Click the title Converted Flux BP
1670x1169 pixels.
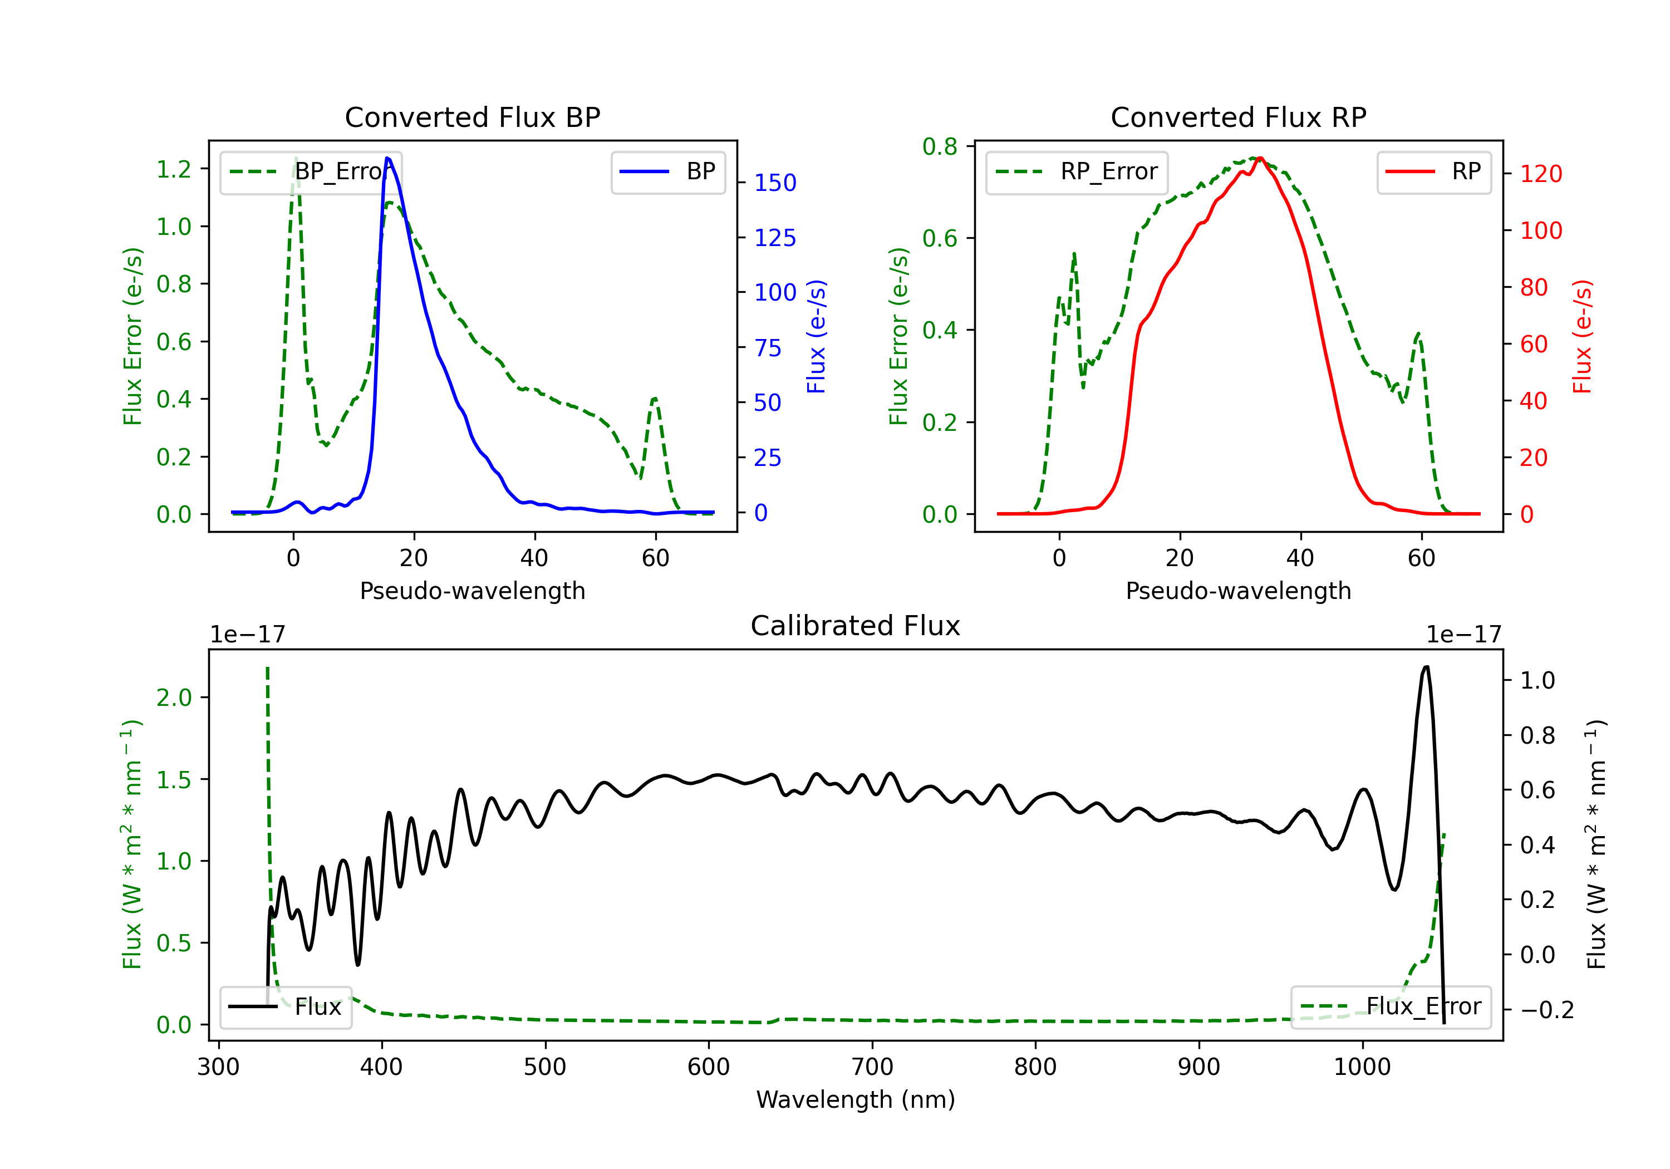(x=472, y=117)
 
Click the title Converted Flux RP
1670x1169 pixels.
(x=1238, y=117)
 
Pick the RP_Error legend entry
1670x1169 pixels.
(x=1077, y=171)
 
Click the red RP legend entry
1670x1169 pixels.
(x=1433, y=171)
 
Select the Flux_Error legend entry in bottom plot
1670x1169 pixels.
(x=1391, y=1007)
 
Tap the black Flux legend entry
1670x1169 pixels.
(x=286, y=1007)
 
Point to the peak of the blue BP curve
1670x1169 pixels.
(x=387, y=158)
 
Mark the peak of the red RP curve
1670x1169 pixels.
(x=1260, y=158)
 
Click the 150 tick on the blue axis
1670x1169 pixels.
(x=775, y=183)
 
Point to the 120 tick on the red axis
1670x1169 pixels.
(x=1540, y=174)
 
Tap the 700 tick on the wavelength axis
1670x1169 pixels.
(x=871, y=1067)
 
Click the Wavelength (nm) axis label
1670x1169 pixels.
(x=856, y=1099)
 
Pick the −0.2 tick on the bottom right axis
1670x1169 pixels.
(x=1546, y=1010)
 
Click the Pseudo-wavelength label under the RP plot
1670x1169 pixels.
(x=1238, y=591)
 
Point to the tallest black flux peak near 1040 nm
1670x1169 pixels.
(x=1426, y=667)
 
